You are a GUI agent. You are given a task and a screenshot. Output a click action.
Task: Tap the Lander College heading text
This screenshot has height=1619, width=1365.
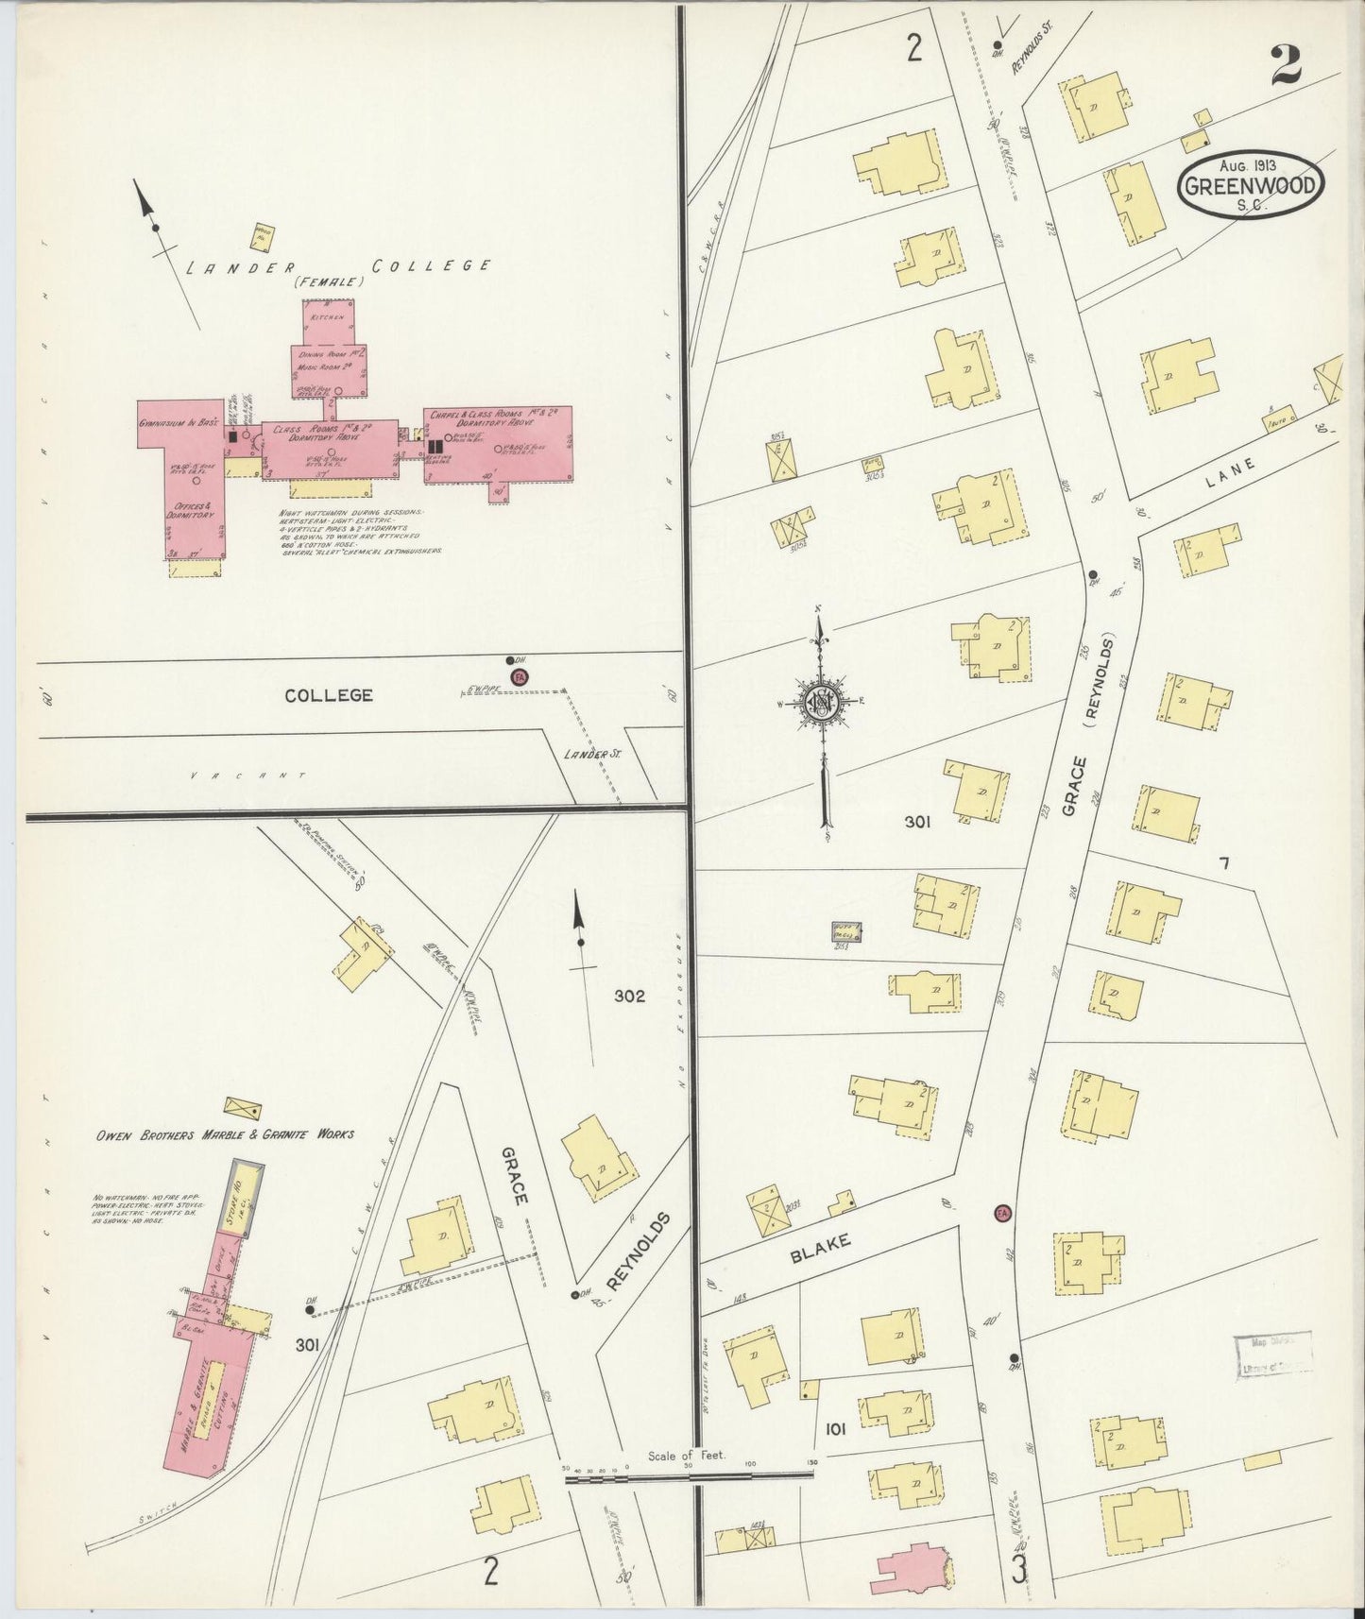[337, 267]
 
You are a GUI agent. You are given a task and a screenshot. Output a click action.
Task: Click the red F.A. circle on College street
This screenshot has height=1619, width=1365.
[519, 677]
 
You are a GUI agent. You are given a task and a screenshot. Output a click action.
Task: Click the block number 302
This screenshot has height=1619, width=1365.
[629, 996]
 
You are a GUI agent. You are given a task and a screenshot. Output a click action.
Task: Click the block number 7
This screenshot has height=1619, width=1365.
[1224, 862]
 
